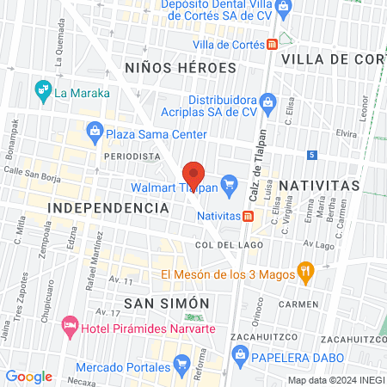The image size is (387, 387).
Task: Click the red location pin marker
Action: click(x=194, y=175)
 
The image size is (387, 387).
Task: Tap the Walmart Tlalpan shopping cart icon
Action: click(x=229, y=184)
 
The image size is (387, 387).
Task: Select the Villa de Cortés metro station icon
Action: click(x=272, y=43)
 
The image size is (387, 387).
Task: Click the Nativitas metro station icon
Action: click(x=248, y=216)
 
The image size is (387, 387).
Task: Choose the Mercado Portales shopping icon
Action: click(x=181, y=366)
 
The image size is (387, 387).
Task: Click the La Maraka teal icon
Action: click(x=41, y=89)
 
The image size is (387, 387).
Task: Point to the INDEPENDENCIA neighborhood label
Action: click(x=108, y=208)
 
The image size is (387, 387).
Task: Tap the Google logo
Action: click(x=29, y=376)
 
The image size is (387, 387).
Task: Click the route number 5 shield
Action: click(x=312, y=154)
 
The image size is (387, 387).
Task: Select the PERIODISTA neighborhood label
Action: click(x=132, y=157)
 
